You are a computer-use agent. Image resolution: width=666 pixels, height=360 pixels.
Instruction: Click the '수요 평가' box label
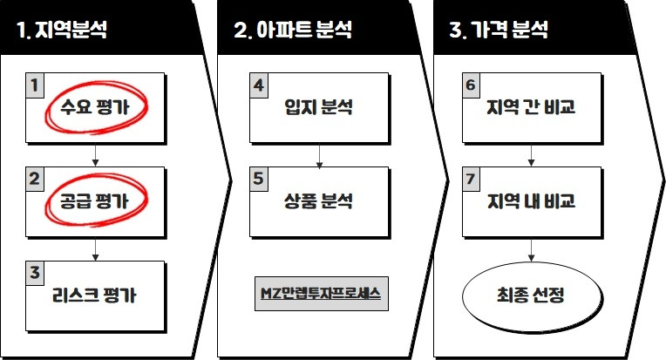tap(96, 109)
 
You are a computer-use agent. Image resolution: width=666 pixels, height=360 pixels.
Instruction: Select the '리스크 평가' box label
tap(95, 296)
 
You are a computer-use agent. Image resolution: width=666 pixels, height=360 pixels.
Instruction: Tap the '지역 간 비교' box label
tap(531, 109)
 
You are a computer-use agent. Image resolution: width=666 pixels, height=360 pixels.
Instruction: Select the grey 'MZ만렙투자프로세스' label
tap(320, 292)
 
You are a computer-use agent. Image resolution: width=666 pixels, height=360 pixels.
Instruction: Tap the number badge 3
tap(35, 272)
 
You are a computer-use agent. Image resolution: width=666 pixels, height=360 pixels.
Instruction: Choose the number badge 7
tap(471, 178)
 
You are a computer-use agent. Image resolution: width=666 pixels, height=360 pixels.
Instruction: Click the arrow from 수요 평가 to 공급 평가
tap(95, 155)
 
